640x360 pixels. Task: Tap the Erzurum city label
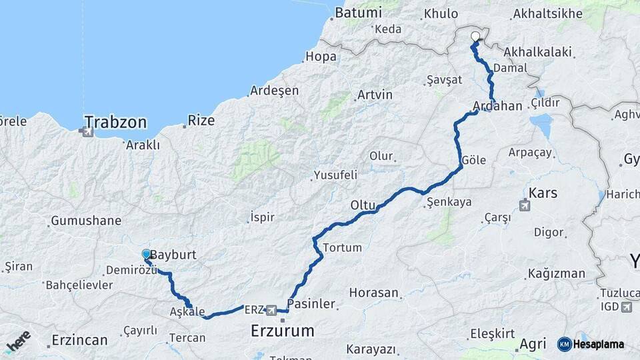pos(282,330)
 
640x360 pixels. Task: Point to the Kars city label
pos(543,193)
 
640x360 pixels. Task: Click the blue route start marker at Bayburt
pos(147,254)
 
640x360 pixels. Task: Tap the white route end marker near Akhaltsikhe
pos(475,37)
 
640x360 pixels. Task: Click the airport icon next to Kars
pos(524,205)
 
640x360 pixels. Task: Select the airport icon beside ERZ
pos(271,310)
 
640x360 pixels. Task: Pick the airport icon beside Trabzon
pos(86,132)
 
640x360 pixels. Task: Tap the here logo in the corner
pos(19,341)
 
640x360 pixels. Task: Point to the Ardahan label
pos(497,106)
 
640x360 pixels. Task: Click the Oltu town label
pos(364,205)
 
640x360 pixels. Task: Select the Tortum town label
pos(342,247)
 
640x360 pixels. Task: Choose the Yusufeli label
pos(334,175)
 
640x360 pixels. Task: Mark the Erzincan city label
pos(79,340)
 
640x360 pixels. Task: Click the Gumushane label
pos(86,220)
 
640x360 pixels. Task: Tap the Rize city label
pos(201,120)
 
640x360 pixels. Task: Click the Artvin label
pos(375,95)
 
